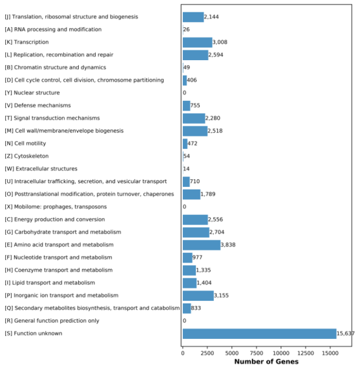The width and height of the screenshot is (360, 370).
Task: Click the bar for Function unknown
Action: point(260,334)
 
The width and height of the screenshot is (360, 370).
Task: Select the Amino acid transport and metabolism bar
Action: point(202,245)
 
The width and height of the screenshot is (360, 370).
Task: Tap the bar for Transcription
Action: point(198,42)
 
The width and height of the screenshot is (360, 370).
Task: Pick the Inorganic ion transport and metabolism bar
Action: point(198,296)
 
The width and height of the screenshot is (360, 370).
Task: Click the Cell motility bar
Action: point(185,144)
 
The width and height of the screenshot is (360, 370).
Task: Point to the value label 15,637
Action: point(345,333)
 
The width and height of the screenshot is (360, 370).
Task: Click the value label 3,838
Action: point(228,245)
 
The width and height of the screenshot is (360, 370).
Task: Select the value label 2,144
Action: point(211,17)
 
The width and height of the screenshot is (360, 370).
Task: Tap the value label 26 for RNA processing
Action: point(186,30)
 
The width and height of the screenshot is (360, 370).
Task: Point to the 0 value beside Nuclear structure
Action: point(184,92)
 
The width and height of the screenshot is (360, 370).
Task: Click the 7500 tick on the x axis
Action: point(257,353)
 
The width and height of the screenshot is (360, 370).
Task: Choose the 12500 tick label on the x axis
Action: point(306,353)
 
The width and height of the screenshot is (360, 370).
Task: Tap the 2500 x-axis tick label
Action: point(207,353)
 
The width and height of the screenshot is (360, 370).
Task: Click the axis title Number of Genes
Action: point(266,362)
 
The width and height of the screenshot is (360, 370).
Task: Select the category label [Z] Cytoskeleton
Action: point(26,156)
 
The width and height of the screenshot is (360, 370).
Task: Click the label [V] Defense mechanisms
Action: point(37,105)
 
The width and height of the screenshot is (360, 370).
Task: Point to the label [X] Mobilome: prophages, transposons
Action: point(56,207)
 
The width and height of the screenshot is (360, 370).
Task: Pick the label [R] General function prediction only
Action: point(52,321)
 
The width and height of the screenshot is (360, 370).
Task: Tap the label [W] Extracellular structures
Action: point(41,169)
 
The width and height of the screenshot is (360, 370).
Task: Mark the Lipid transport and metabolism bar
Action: point(190,283)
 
